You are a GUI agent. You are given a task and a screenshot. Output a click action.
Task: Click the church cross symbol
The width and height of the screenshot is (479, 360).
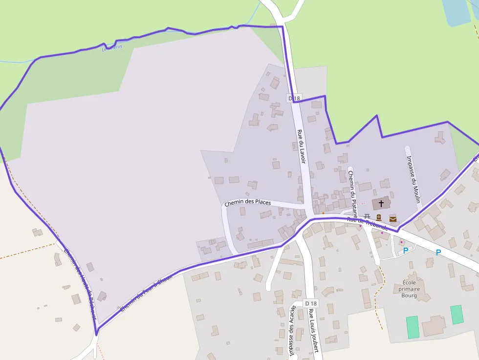tap(381, 203)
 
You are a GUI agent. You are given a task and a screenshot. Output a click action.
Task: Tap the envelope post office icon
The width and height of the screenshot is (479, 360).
tap(392, 218)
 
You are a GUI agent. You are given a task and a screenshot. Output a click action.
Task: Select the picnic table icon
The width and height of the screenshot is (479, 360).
tap(367, 216)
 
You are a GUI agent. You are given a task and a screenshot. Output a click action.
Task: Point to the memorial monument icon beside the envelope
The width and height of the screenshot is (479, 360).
tap(379, 218)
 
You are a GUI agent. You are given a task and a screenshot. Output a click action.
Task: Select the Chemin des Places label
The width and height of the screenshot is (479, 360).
tap(247, 202)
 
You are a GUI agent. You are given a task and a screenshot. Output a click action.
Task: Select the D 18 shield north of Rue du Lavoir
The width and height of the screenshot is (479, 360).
tap(294, 98)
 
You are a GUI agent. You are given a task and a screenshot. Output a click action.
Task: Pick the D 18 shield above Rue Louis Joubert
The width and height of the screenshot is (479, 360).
tap(310, 303)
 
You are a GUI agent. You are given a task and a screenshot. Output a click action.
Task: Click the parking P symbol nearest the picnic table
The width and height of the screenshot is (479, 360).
tap(405, 251)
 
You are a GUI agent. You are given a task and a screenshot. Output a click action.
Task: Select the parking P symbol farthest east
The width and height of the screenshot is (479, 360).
tap(438, 253)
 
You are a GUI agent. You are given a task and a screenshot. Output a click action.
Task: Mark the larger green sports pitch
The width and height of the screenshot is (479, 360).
tap(412, 327)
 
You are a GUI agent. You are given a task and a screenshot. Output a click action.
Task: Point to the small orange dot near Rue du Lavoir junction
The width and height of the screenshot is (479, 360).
tap(323, 213)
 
